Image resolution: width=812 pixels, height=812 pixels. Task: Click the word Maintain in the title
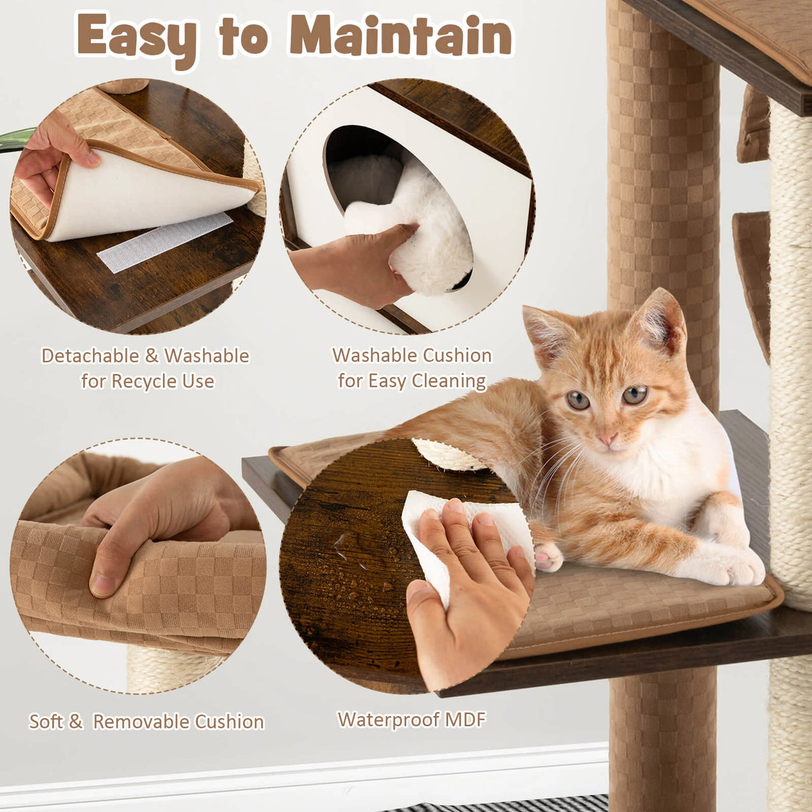coord(401,36)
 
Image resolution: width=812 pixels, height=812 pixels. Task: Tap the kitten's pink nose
coord(608,438)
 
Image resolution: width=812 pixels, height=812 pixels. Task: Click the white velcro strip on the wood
coord(165,243)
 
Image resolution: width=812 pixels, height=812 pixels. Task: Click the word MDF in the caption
coord(466,720)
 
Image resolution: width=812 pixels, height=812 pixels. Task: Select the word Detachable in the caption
coord(90,356)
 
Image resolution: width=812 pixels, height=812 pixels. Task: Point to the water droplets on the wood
coord(363,563)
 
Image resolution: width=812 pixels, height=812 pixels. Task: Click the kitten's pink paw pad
coord(545,557)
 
